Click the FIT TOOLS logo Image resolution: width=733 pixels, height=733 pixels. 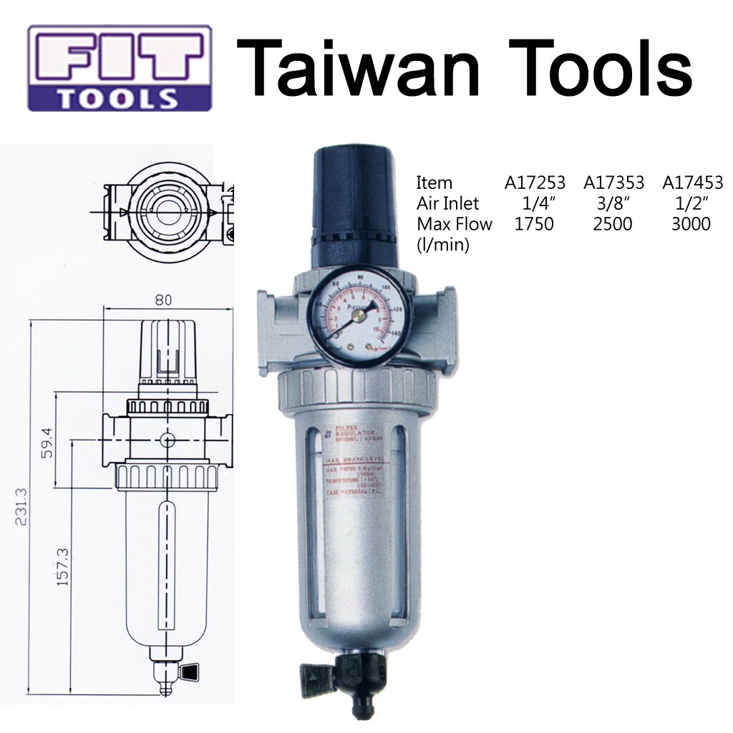coord(120,68)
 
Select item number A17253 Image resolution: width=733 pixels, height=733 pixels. coord(535,183)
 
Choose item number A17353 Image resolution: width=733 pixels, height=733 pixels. coord(613,183)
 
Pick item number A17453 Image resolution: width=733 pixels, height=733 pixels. coord(692,183)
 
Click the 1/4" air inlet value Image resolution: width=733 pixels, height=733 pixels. coord(535,203)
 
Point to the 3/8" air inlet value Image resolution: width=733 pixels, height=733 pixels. coord(613,203)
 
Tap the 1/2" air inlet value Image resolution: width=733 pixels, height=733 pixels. coord(691,203)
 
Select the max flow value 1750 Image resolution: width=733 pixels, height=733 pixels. coord(534,224)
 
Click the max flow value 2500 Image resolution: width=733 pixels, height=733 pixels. coord(613,224)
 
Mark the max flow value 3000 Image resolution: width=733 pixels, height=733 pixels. coord(691,224)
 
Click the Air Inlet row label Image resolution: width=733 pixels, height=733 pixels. coord(447,203)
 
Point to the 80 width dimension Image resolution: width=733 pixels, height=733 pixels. coord(164,301)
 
